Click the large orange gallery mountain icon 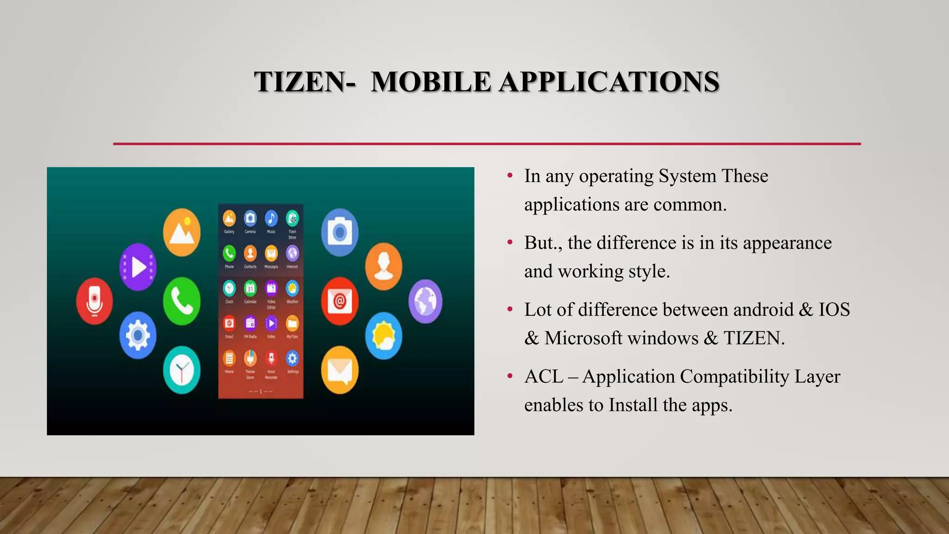182,232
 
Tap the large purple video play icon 138,267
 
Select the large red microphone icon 94,301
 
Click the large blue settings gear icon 138,335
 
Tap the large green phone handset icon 182,301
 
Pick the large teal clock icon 182,370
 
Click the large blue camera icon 340,232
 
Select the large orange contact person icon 383,267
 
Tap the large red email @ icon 340,301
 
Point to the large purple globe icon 425,301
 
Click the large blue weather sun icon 383,336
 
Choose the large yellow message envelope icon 340,370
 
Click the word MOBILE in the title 430,82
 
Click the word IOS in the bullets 834,310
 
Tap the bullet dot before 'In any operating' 510,176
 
